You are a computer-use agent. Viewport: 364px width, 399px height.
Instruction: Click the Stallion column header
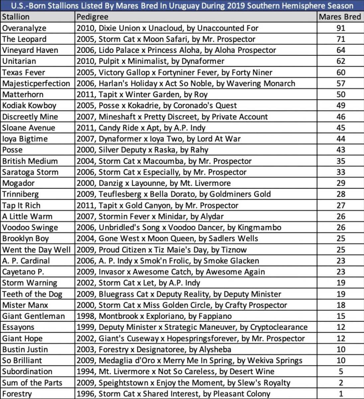[x=16, y=17]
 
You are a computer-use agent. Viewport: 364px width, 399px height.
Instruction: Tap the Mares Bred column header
[x=340, y=17]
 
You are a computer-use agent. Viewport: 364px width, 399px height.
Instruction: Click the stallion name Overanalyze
[x=24, y=28]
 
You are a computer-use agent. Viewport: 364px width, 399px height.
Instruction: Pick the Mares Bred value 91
[x=341, y=28]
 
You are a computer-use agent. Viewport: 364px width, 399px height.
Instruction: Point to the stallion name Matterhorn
[x=23, y=94]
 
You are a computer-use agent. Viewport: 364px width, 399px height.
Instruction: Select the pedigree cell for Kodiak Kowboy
[x=157, y=105]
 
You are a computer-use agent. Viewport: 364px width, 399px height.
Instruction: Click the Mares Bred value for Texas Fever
[x=341, y=72]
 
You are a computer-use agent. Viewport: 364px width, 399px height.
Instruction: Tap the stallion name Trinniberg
[x=21, y=194]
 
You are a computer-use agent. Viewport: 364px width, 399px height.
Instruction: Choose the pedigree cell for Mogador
[x=153, y=183]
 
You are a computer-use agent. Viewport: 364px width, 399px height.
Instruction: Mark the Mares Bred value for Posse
[x=341, y=150]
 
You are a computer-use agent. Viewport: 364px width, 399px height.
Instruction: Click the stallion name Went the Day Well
[x=36, y=250]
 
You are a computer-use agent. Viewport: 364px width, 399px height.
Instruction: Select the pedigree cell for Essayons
[x=192, y=327]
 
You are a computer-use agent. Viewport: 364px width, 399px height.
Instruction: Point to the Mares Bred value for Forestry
[x=341, y=394]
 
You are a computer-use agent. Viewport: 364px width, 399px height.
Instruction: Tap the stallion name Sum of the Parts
[x=32, y=383]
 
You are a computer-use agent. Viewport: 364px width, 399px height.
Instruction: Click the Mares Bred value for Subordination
[x=341, y=371]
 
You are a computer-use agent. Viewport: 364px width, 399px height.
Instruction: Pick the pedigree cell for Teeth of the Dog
[x=179, y=294]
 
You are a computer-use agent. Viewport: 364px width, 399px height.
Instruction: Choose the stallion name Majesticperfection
[x=36, y=83]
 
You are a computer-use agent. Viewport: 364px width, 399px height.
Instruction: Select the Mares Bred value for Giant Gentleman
[x=341, y=316]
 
